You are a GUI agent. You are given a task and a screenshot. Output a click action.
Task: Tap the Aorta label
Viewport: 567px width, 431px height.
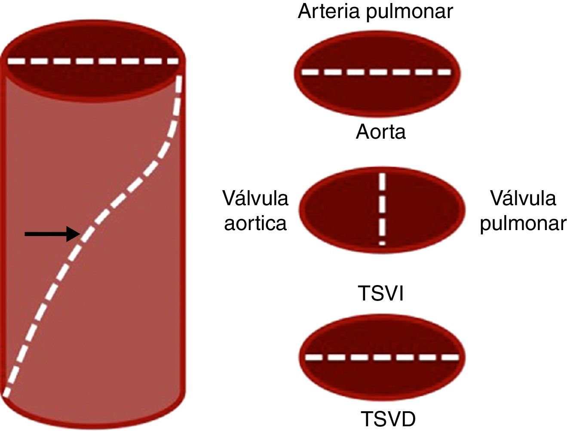pos(380,131)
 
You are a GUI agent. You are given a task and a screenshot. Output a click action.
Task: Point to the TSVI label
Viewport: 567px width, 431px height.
pos(381,294)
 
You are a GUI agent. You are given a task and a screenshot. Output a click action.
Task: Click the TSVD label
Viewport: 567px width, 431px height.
pos(388,419)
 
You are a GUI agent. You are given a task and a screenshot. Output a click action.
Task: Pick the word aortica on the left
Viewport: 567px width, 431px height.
pos(255,223)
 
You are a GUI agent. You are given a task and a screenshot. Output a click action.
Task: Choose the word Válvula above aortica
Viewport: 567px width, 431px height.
pos(255,198)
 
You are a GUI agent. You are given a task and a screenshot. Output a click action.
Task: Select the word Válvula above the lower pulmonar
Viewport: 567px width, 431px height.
pos(523,198)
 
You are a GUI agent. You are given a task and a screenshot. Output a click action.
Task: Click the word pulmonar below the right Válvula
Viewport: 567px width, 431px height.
pos(523,224)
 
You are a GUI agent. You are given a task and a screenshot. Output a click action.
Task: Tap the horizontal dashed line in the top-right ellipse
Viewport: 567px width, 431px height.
pos(377,72)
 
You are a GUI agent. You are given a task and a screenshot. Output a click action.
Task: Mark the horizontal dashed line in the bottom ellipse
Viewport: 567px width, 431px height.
pos(382,357)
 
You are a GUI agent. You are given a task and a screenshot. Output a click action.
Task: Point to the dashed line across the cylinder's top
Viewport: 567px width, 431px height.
pos(93,61)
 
